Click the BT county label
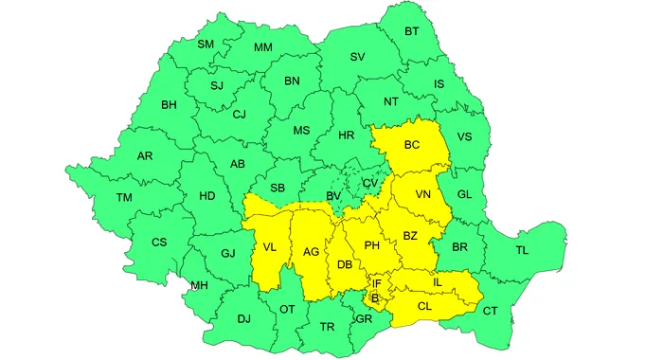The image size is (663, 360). (412, 31)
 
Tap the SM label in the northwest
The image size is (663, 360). (206, 44)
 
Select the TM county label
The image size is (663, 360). (125, 197)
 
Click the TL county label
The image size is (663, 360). (522, 250)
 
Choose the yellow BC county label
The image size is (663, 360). (412, 145)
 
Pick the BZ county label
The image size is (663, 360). (411, 235)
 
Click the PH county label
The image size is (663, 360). (372, 245)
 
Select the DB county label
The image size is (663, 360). (345, 264)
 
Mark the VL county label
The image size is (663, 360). (270, 248)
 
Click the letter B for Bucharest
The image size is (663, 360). (375, 297)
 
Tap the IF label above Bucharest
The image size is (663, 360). (376, 283)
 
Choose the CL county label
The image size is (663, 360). (425, 306)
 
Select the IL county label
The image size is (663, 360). (437, 281)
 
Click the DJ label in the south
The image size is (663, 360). (243, 319)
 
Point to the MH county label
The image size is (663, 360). (200, 285)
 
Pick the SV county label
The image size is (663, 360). (357, 57)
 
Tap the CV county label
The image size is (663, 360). (370, 182)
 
